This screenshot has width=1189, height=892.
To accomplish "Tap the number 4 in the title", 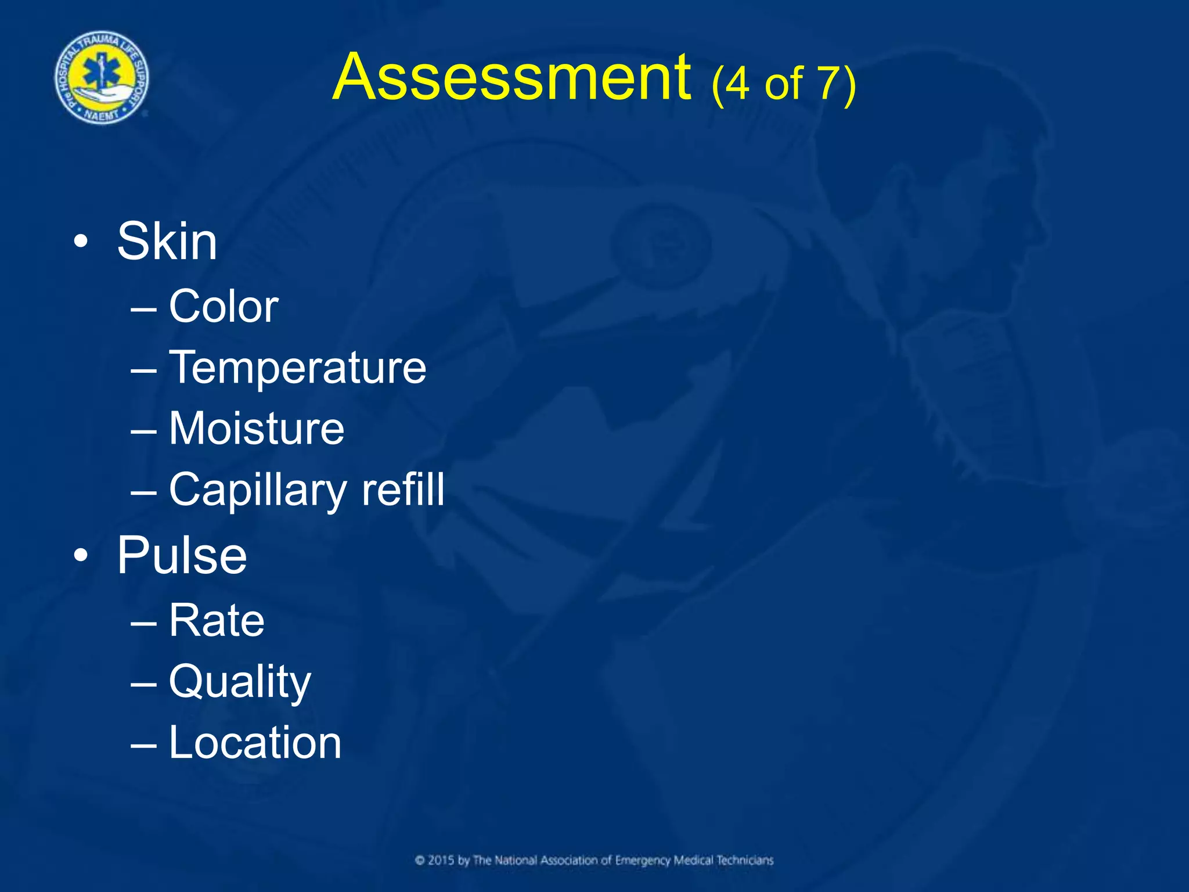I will [737, 84].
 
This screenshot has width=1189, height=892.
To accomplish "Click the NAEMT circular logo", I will [102, 78].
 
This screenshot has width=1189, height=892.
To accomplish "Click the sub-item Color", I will [224, 306].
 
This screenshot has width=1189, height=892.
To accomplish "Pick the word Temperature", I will [297, 368].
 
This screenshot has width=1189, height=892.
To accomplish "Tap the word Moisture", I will [257, 429].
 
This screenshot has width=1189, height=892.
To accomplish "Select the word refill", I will [403, 490].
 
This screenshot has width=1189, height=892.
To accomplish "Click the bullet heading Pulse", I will [182, 556].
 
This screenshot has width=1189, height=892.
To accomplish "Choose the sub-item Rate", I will [217, 620].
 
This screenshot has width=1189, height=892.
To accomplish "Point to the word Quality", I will [240, 682].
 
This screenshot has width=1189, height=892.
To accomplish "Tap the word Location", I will [255, 743].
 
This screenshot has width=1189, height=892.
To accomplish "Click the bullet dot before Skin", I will [81, 242].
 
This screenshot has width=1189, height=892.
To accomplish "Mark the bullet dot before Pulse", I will [81, 556].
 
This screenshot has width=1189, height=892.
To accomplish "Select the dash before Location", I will [143, 744].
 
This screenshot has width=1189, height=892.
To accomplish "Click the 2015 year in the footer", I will [441, 861].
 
